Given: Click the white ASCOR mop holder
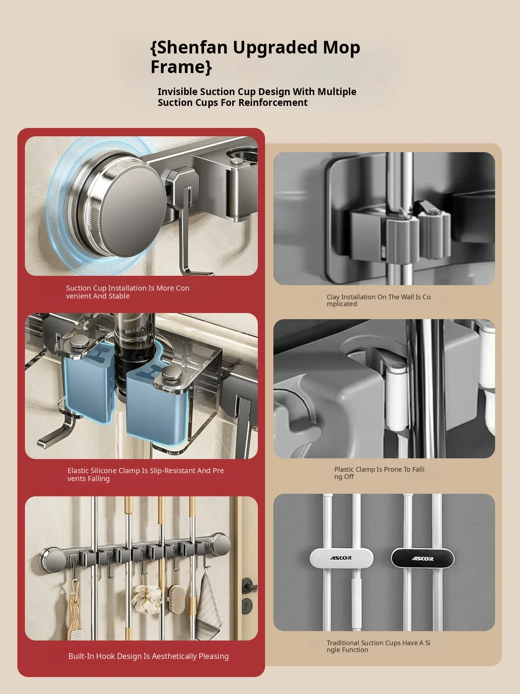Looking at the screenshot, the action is click(341, 558).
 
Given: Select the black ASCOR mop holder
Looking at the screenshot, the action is click(423, 558).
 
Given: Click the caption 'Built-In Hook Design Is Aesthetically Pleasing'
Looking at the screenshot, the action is click(148, 656).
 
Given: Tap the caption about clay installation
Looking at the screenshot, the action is click(378, 300).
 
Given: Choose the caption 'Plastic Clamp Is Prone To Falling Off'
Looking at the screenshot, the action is click(379, 473).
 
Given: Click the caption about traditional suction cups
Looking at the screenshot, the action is click(378, 646).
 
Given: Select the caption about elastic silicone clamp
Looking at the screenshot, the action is click(146, 475).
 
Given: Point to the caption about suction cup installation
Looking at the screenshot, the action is click(127, 292).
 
